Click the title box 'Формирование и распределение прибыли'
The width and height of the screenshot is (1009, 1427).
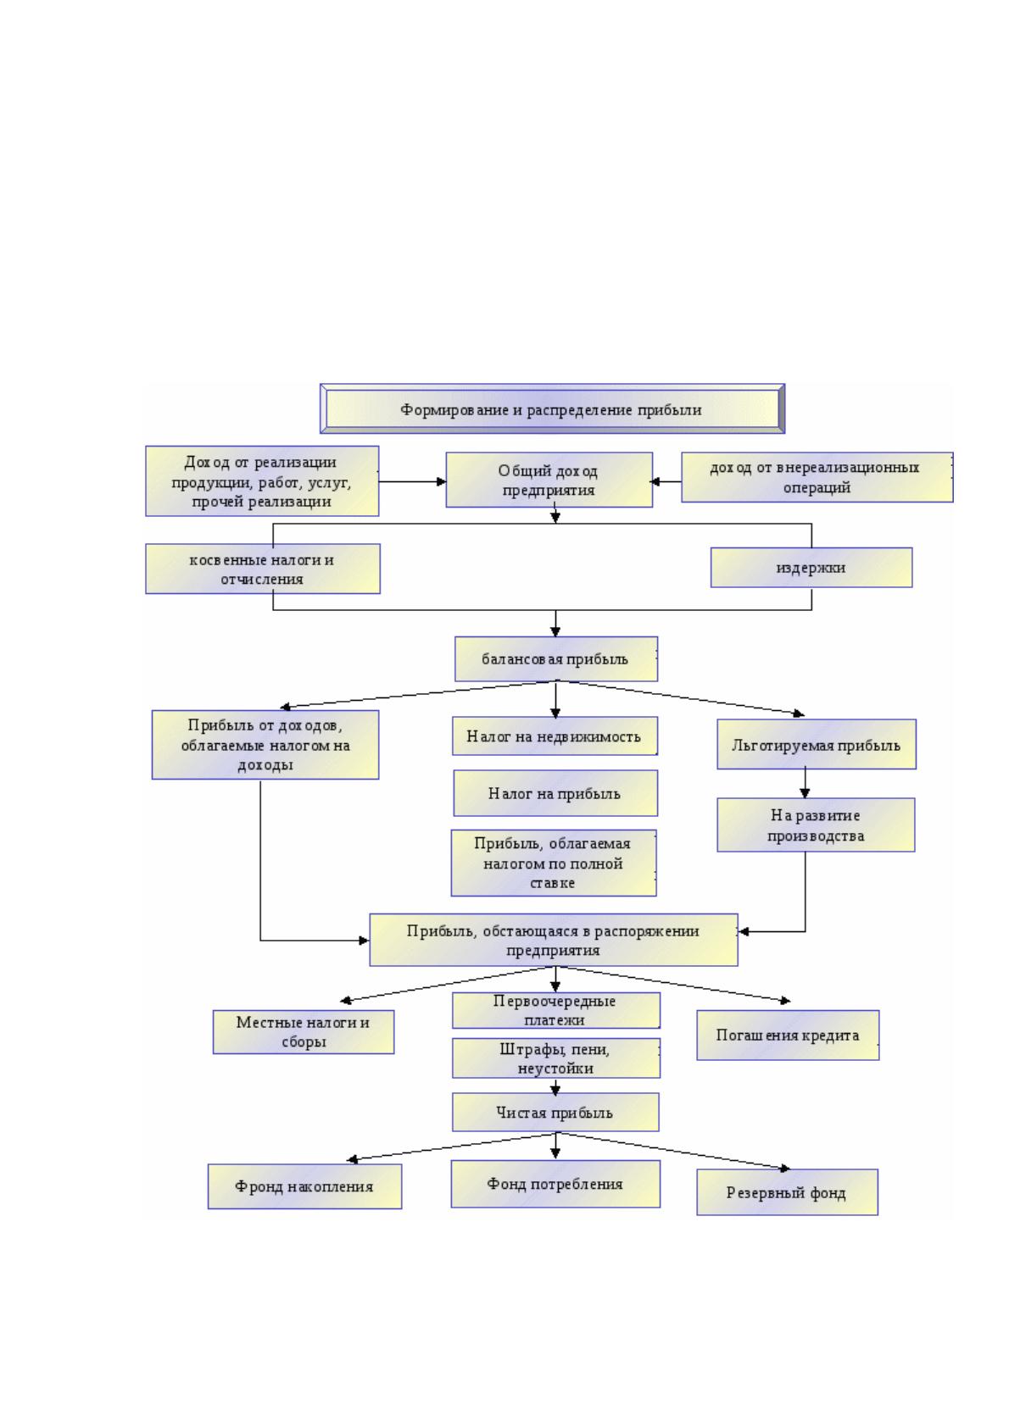[552, 408]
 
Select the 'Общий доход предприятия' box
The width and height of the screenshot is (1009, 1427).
[549, 480]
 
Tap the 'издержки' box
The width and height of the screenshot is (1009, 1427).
[811, 567]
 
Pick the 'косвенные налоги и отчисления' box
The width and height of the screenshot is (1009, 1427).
[263, 569]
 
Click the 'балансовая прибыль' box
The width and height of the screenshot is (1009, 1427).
[556, 658]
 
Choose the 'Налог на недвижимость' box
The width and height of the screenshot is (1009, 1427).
[555, 736]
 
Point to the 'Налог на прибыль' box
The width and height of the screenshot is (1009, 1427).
[555, 793]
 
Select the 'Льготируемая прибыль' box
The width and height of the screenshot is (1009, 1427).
[816, 744]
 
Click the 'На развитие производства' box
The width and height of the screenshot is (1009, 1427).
[815, 825]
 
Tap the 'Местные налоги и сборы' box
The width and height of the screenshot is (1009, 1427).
[304, 1032]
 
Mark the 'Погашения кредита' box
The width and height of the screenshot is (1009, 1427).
[788, 1036]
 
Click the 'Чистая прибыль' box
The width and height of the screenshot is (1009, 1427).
[555, 1113]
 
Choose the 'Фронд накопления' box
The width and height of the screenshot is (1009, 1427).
[304, 1186]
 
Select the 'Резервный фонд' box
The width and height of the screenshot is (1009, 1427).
[787, 1192]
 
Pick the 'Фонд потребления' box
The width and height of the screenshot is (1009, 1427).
[555, 1184]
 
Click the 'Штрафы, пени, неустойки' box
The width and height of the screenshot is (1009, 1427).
[556, 1058]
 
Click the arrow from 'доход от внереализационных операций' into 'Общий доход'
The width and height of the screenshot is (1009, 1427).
[666, 481]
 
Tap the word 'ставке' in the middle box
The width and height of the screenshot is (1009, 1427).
[552, 883]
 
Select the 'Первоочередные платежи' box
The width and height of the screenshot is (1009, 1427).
[556, 1010]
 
